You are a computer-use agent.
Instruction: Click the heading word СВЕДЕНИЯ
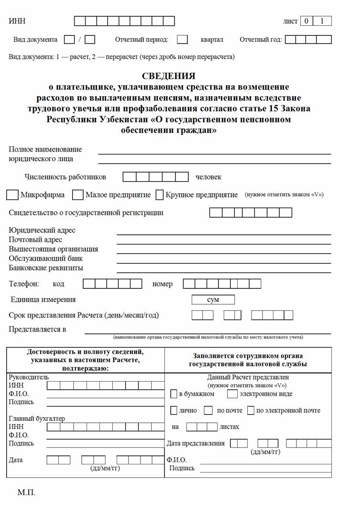click(169, 76)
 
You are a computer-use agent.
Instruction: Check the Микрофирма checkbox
click(13, 195)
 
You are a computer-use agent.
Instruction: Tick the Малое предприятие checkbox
click(78, 195)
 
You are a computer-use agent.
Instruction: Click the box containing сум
click(213, 300)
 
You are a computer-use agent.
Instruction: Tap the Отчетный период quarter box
click(182, 40)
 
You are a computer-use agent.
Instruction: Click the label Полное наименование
click(45, 149)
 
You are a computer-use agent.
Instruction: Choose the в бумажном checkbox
click(174, 394)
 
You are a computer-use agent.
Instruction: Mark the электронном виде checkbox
click(232, 394)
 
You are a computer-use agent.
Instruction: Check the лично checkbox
click(174, 410)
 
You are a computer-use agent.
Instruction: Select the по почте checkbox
click(208, 410)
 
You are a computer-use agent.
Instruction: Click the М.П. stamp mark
click(26, 492)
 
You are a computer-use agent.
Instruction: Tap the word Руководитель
click(29, 377)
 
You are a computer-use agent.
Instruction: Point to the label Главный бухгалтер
click(37, 418)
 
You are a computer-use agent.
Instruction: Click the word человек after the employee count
click(208, 177)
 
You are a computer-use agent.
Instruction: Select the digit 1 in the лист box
click(322, 21)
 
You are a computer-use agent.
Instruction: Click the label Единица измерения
click(43, 300)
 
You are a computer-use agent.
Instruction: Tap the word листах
click(229, 427)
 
